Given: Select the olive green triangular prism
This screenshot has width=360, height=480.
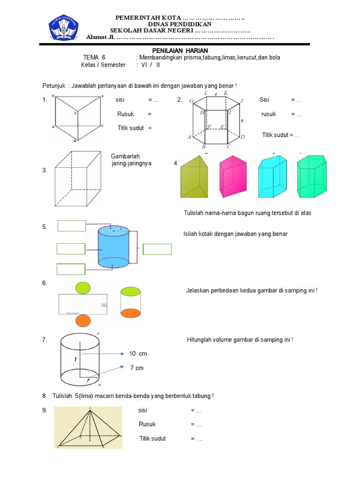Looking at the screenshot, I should [x=193, y=177].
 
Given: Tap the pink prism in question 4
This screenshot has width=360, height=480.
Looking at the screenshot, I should [x=233, y=177].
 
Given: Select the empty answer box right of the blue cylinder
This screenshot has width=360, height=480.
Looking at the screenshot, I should [x=157, y=249].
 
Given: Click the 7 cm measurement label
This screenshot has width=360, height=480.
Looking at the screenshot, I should [x=137, y=368].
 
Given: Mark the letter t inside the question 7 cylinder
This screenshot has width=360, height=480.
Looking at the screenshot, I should [x=75, y=360].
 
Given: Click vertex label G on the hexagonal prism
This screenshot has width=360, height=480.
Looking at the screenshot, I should [x=191, y=101].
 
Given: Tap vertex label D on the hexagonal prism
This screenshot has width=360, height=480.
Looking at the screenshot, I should [x=242, y=137].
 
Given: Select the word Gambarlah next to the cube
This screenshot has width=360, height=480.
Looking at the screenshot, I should [x=126, y=156].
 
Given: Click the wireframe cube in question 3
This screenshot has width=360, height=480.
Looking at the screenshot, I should [x=78, y=178].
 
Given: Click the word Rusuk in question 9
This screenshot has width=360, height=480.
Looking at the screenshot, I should [x=147, y=424].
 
